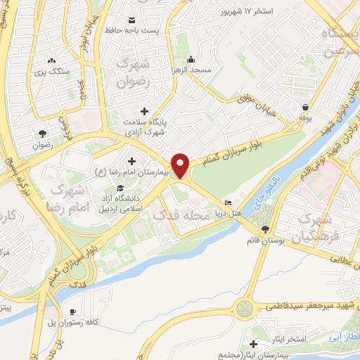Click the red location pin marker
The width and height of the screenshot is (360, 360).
(x=181, y=165)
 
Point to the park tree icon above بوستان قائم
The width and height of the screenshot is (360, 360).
(x=265, y=229)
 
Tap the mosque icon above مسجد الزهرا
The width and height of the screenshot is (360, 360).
(x=192, y=58)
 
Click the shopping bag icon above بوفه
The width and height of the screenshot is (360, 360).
(x=305, y=108)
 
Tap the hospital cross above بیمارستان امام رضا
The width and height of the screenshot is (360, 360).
(x=131, y=160)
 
